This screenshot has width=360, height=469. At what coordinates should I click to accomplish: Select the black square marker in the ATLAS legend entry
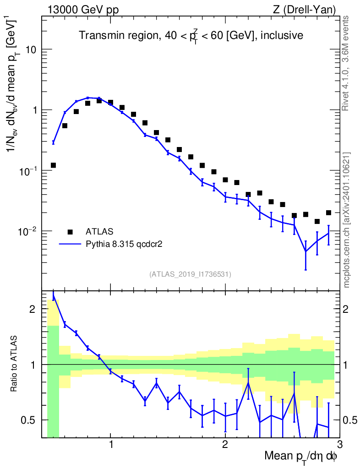[70, 232]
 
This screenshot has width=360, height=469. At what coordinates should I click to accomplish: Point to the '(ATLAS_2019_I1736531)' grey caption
[190, 274]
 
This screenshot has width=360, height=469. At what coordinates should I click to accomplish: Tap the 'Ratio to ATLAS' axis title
[15, 364]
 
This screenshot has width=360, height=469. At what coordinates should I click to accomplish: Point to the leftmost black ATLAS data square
[54, 165]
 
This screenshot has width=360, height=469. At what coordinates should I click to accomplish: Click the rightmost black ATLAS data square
[328, 213]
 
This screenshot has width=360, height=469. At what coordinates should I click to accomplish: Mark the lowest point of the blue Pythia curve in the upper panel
[305, 251]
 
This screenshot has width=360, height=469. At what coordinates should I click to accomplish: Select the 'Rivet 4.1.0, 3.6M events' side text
[346, 63]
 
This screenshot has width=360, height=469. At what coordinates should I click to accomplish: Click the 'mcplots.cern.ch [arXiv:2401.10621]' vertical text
[347, 220]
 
